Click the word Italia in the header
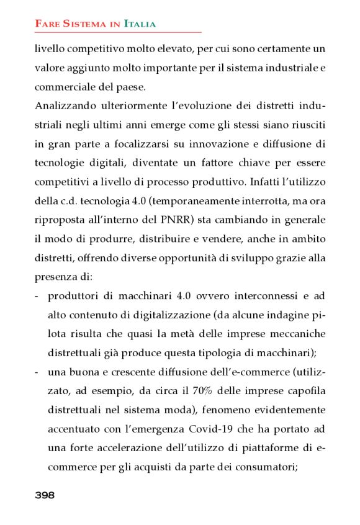coord(140,24)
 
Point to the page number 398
coord(45,495)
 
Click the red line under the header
coord(118,32)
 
